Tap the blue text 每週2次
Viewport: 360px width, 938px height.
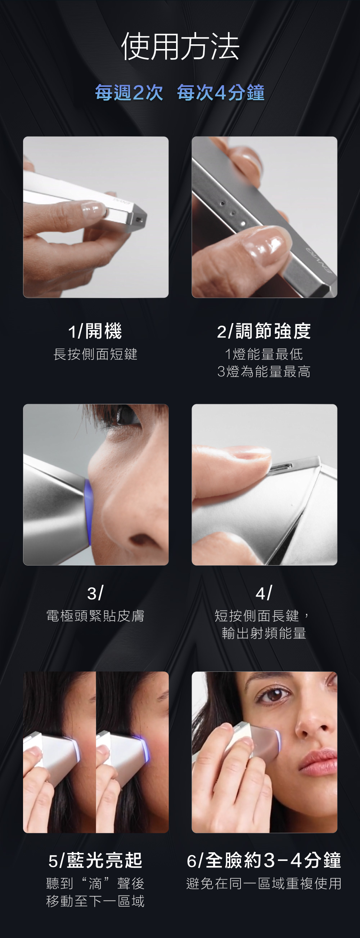[x=129, y=93]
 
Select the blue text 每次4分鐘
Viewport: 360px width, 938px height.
[x=221, y=93]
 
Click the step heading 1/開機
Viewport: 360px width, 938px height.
[x=95, y=331]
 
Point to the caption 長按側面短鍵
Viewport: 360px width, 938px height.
[x=95, y=354]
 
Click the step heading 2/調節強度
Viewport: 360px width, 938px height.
[x=264, y=331]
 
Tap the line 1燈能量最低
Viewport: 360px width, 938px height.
[x=264, y=354]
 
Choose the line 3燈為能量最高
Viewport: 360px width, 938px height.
[x=264, y=372]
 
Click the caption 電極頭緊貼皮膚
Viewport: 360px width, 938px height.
[x=95, y=616]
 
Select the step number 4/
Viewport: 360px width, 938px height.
[x=264, y=593]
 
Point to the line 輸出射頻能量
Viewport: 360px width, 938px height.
[x=264, y=634]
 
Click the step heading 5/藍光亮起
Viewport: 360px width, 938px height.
[x=95, y=861]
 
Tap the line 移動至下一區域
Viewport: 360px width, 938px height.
[x=95, y=901]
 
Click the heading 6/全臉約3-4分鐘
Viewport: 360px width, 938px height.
[x=264, y=861]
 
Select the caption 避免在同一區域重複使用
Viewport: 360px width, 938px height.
[x=264, y=883]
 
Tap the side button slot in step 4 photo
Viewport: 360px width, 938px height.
[x=281, y=467]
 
